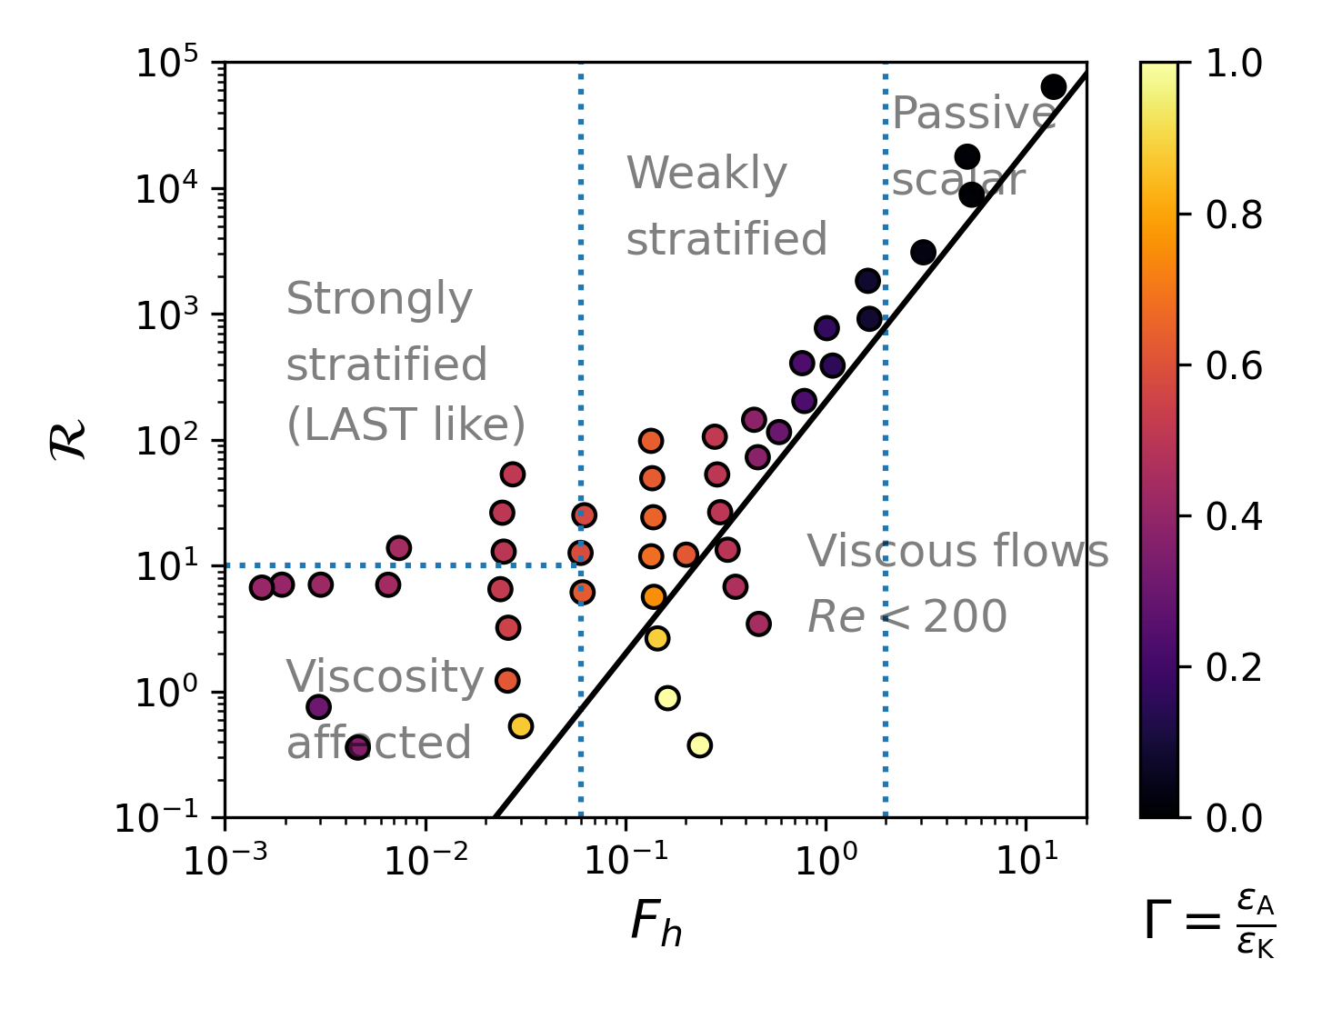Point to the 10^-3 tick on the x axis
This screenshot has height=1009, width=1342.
(x=225, y=818)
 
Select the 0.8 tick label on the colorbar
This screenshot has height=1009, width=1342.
(x=1233, y=215)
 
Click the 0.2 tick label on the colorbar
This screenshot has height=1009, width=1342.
(x=1233, y=667)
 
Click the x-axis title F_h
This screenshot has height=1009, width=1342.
(x=656, y=924)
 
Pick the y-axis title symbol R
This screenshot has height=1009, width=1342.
(x=70, y=440)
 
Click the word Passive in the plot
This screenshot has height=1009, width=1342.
(x=973, y=114)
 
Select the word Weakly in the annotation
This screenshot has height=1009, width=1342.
(x=706, y=174)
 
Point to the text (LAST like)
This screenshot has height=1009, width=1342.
(x=406, y=425)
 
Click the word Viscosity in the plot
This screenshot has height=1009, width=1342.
(x=385, y=677)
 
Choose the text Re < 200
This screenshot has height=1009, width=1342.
(x=906, y=618)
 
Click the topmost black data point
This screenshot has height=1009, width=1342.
(x=1053, y=87)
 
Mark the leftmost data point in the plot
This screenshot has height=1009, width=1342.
(x=262, y=587)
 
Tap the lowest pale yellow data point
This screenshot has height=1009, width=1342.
(x=699, y=745)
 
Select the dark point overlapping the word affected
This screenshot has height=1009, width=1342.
(x=358, y=748)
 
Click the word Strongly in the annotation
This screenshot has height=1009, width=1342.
(x=379, y=299)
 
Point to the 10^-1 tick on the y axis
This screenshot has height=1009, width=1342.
(x=225, y=818)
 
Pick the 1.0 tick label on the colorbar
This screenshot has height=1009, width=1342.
(x=1233, y=65)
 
